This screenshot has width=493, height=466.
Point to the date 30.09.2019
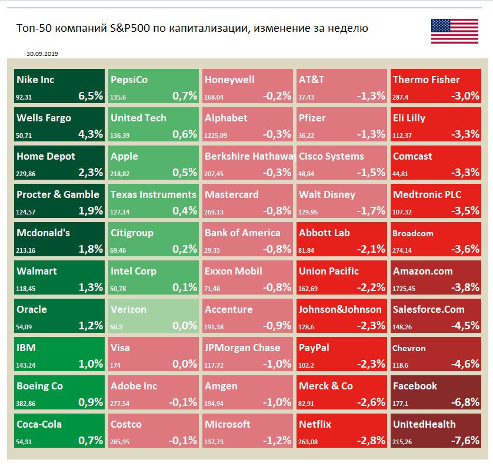pyautogui.click(x=42, y=54)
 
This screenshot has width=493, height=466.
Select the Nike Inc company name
pyautogui.click(x=35, y=80)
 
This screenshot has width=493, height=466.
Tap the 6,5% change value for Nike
pyautogui.click(x=91, y=96)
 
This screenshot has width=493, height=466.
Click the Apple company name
pyautogui.click(x=124, y=156)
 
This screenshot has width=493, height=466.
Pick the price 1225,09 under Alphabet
pyautogui.click(x=216, y=134)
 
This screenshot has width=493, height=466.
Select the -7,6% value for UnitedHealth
pyautogui.click(x=465, y=441)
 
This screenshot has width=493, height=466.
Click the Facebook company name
pyautogui.click(x=415, y=386)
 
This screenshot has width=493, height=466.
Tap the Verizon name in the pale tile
pyautogui.click(x=128, y=309)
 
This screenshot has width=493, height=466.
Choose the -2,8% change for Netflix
pyautogui.click(x=371, y=441)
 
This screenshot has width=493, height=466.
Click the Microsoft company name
pyautogui.click(x=228, y=424)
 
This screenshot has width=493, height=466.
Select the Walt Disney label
pyautogui.click(x=327, y=194)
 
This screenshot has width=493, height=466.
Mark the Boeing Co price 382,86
pyautogui.click(x=26, y=402)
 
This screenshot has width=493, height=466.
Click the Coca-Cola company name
pyautogui.click(x=39, y=424)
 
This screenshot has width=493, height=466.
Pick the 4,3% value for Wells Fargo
pyautogui.click(x=91, y=134)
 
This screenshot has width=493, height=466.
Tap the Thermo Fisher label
pyautogui.click(x=427, y=80)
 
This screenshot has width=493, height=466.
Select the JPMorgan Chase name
pyautogui.click(x=242, y=348)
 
